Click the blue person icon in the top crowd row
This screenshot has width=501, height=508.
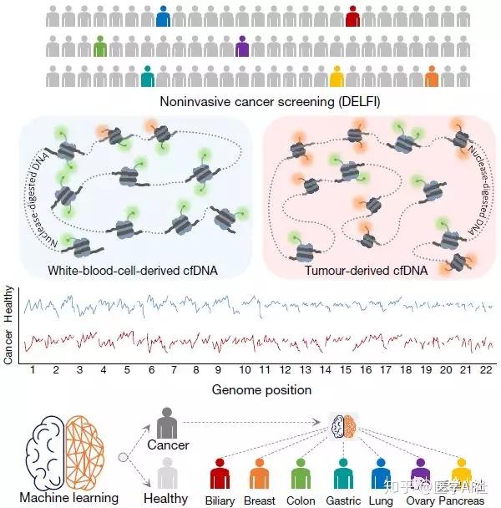tap(163, 17)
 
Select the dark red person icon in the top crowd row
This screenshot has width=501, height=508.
tap(352, 17)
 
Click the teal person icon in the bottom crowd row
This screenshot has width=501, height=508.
tap(148, 77)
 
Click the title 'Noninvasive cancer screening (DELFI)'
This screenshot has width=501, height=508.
tap(250, 102)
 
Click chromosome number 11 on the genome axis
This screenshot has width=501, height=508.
tap(264, 368)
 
